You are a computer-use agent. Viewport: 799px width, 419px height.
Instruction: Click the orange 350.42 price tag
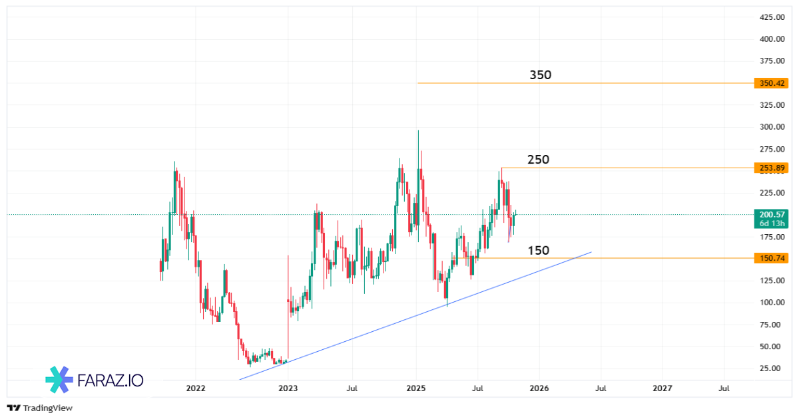[x=771, y=83]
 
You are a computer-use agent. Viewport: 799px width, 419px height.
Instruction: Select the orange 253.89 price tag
[x=771, y=168]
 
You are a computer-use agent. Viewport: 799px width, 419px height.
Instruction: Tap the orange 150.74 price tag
[x=771, y=258]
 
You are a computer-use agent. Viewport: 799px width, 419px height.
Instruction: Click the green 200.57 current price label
[x=771, y=215]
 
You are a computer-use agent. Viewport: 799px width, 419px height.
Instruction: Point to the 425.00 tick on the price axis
[x=770, y=17]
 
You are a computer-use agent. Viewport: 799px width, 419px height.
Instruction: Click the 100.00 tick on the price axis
[x=770, y=303]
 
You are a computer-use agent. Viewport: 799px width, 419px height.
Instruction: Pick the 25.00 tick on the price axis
[x=770, y=368]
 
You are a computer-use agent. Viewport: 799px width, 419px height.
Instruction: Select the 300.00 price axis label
[x=770, y=127]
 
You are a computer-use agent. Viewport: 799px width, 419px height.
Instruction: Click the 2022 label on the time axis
[x=196, y=388]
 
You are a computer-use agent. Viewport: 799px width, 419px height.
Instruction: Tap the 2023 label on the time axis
[x=288, y=388]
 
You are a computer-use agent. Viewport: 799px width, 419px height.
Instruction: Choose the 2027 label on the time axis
[x=663, y=388]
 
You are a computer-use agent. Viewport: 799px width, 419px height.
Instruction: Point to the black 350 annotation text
[x=541, y=75]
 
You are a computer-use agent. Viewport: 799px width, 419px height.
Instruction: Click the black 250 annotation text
[x=538, y=160]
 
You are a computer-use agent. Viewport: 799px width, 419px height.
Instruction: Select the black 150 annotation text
[x=538, y=251]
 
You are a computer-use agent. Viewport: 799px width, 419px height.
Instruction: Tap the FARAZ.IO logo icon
[x=58, y=380]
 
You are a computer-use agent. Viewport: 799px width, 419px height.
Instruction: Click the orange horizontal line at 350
[x=599, y=83]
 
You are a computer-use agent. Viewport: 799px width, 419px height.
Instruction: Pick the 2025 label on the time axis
[x=416, y=388]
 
